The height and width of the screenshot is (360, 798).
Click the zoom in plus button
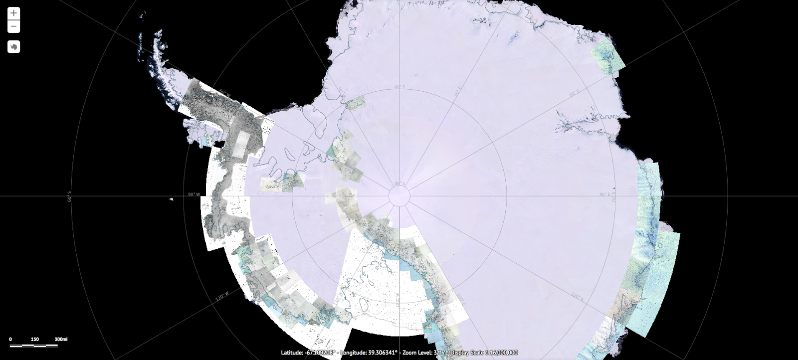click(x=13, y=13)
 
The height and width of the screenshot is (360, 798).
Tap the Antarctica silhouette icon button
click(x=13, y=47)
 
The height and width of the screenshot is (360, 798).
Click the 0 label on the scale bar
click(x=10, y=340)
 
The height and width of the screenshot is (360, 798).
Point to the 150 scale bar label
click(x=35, y=340)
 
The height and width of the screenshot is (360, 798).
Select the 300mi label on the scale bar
click(x=61, y=340)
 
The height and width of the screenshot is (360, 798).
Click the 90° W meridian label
click(x=194, y=194)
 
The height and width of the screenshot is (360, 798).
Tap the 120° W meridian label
click(x=222, y=296)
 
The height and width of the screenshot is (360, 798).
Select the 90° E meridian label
click(x=604, y=194)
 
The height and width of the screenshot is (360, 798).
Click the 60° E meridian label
click(x=574, y=93)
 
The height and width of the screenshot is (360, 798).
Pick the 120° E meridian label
click(x=577, y=297)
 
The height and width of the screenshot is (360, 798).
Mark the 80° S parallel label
click(x=399, y=87)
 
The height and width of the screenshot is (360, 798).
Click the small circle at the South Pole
click(x=399, y=195)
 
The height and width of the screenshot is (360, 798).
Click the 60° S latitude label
click(x=69, y=196)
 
